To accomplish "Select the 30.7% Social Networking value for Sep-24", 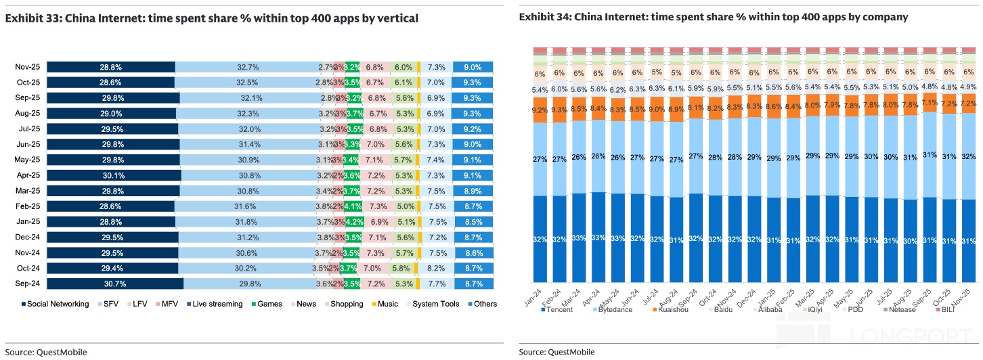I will point(115,284).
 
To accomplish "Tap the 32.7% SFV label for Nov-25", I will point(248,67).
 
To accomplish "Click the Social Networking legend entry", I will point(55,304).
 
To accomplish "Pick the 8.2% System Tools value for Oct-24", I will point(436,268).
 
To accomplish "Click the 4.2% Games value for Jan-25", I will point(355,222).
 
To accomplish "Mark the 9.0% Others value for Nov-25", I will point(473,67).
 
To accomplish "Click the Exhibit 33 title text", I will point(212,18).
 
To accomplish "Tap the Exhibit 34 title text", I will point(714,17).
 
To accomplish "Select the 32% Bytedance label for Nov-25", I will point(969,156).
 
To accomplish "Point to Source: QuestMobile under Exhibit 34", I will point(556,352).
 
